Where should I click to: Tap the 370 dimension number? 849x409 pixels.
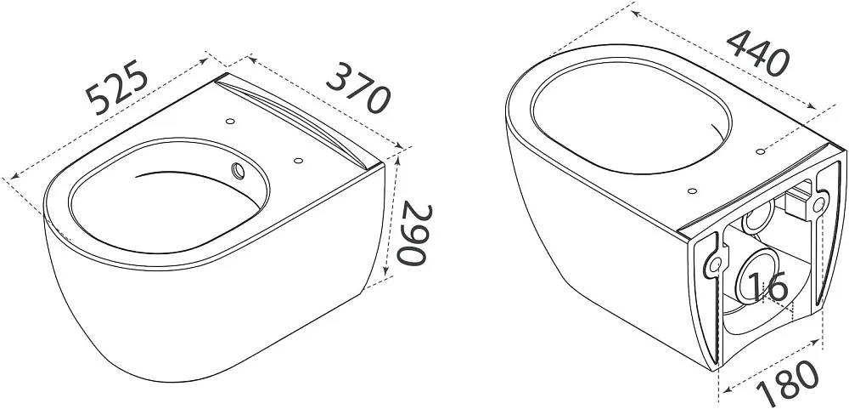click(358, 88)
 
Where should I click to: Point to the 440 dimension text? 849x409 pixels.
click(758, 53)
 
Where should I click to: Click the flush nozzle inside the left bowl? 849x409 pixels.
click(238, 170)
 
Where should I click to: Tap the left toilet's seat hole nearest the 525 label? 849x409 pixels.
click(231, 121)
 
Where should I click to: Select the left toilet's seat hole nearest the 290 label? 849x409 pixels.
click(297, 161)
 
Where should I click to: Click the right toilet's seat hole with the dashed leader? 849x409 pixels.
click(760, 151)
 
